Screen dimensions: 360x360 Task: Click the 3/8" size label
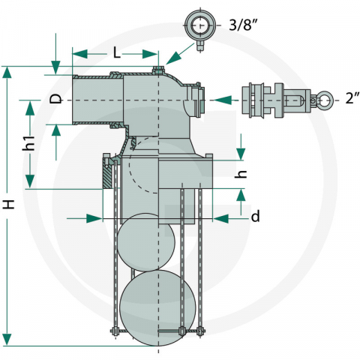[x=243, y=25]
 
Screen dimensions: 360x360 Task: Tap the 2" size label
[x=352, y=97]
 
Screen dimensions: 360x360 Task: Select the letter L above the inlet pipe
[x=117, y=53]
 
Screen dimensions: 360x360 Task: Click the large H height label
[x=9, y=204]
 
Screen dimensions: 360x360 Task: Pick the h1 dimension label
[x=28, y=143]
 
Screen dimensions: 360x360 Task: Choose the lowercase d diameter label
[x=255, y=216]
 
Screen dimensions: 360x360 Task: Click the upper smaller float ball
[x=146, y=242]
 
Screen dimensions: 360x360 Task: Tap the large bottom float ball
[x=157, y=307]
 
